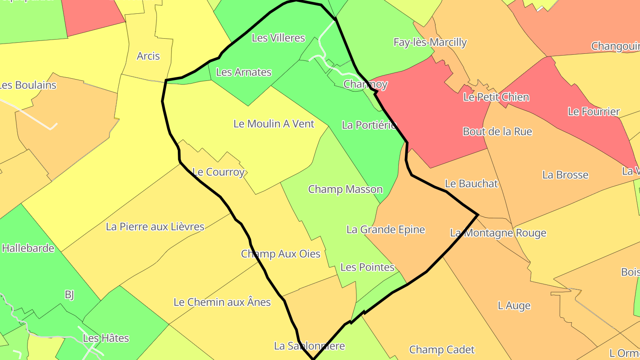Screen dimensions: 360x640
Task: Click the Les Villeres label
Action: pyautogui.click(x=278, y=38)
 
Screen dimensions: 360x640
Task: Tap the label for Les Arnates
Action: pyautogui.click(x=243, y=72)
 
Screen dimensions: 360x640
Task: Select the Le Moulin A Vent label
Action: pyautogui.click(x=274, y=124)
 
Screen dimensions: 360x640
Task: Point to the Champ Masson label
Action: pyautogui.click(x=344, y=189)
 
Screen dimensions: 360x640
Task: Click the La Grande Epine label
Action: pyautogui.click(x=385, y=230)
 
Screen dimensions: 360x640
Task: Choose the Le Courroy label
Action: pyautogui.click(x=218, y=172)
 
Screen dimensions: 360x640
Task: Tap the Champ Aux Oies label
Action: pyautogui.click(x=280, y=254)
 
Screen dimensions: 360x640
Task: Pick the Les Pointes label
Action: pyautogui.click(x=367, y=267)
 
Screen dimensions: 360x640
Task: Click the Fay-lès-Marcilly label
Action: pyautogui.click(x=430, y=42)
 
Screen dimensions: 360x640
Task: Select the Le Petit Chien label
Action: pyautogui.click(x=496, y=97)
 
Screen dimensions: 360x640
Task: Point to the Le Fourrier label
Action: pyautogui.click(x=593, y=112)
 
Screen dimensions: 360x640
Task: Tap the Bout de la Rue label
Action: pyautogui.click(x=497, y=132)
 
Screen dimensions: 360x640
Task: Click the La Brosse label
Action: pyautogui.click(x=565, y=175)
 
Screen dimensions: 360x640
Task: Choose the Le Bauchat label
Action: pyautogui.click(x=471, y=184)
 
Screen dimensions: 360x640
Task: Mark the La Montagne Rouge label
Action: pyautogui.click(x=498, y=233)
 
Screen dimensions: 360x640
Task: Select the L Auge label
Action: pyautogui.click(x=514, y=306)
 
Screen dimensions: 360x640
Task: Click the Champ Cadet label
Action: pyautogui.click(x=442, y=350)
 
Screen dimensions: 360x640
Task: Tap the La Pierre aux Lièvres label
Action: pyautogui.click(x=155, y=227)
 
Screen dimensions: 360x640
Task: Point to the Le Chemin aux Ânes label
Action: pyautogui.click(x=222, y=302)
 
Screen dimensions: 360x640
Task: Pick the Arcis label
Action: pyautogui.click(x=148, y=56)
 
